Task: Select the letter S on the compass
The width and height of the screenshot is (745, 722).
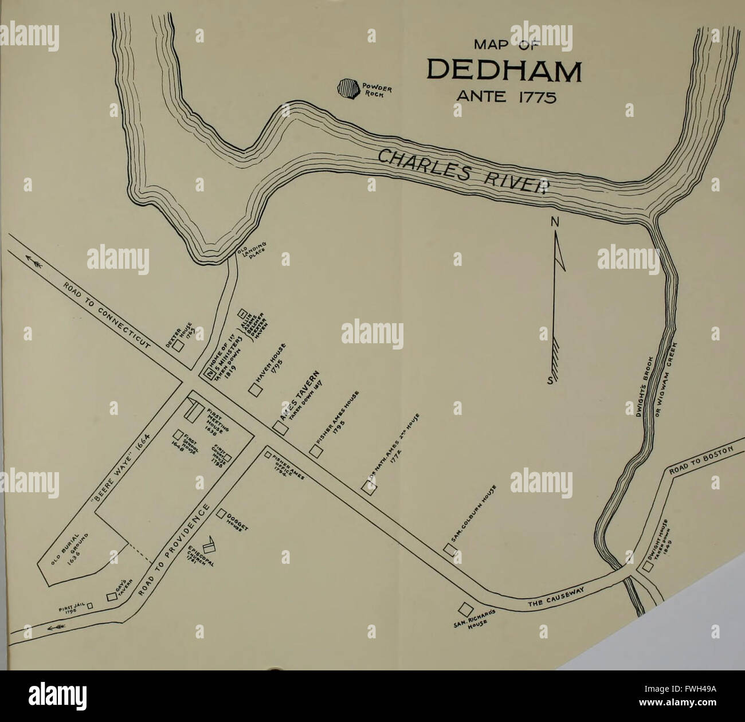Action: pyautogui.click(x=551, y=382)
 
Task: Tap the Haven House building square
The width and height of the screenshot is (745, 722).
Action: pyautogui.click(x=255, y=389)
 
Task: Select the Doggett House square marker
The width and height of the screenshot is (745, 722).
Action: pyautogui.click(x=221, y=515)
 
